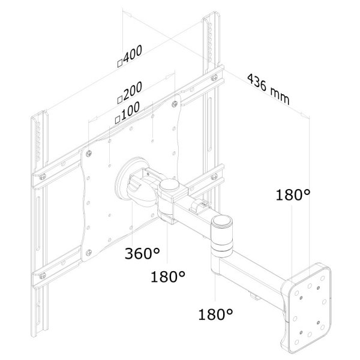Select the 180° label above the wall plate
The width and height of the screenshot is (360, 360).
tap(293, 195)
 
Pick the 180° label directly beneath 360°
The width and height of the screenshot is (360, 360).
tap(167, 277)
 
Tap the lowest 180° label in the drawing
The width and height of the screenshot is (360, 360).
tap(215, 313)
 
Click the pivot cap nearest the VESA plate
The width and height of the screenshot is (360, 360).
tap(169, 187)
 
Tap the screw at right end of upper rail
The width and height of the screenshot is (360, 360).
tap(214, 76)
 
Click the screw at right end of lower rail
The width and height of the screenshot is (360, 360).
tap(213, 177)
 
